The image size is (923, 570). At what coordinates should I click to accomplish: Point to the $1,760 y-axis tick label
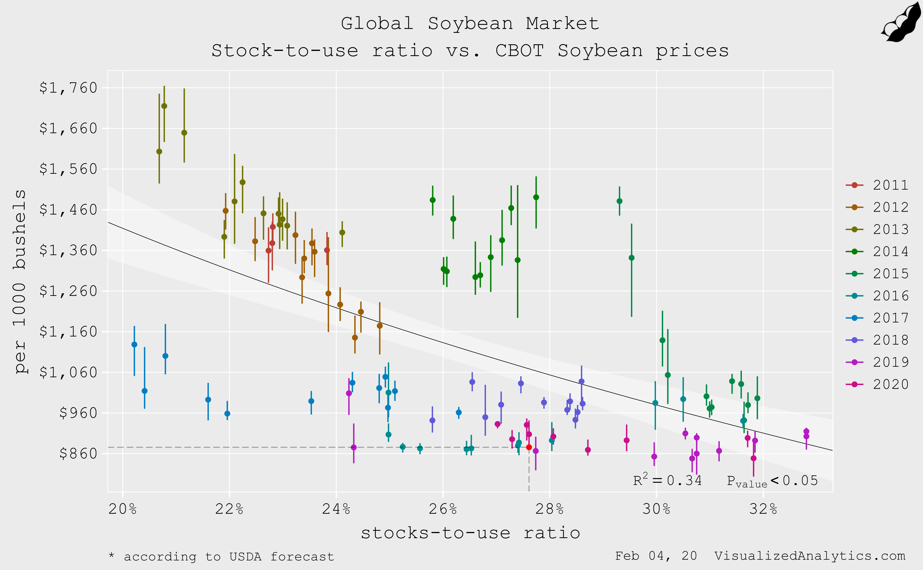coord(68,88)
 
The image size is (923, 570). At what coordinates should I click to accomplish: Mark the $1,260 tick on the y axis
coord(68,291)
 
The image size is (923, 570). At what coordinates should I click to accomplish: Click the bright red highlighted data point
coord(529,447)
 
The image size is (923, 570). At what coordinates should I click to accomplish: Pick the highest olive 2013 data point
coord(164,106)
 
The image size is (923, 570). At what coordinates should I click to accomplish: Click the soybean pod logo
coord(902,23)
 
